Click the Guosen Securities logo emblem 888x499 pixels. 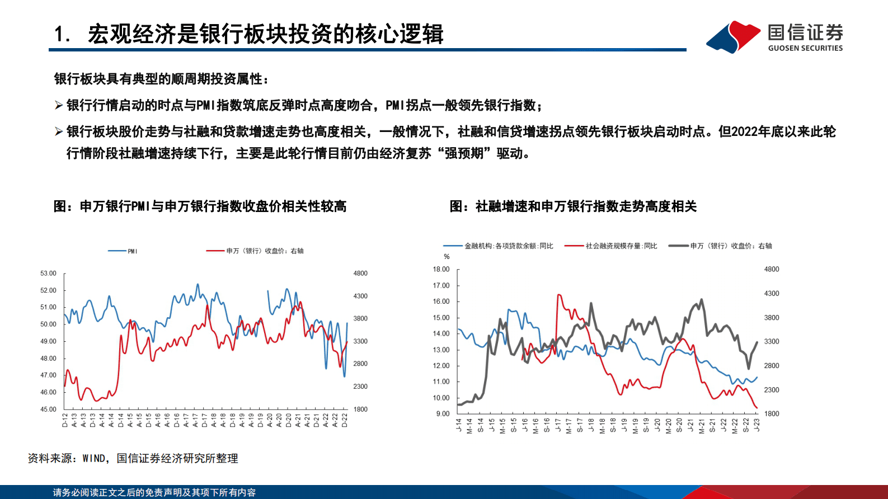tap(734, 37)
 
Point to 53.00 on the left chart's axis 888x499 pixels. tap(48, 274)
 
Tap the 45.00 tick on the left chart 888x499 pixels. tap(48, 409)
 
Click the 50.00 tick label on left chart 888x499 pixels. tap(48, 324)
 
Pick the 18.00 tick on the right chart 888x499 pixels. tap(441, 269)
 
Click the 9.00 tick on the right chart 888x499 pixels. tap(443, 414)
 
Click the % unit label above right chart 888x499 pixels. tap(447, 257)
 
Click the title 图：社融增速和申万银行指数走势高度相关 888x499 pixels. tap(573, 206)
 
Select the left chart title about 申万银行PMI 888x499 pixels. tap(200, 206)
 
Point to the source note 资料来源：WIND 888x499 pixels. tap(133, 459)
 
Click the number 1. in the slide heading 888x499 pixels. tap(62, 35)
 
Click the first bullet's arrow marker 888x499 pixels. tap(59, 105)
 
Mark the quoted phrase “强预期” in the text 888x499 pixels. tap(464, 153)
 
